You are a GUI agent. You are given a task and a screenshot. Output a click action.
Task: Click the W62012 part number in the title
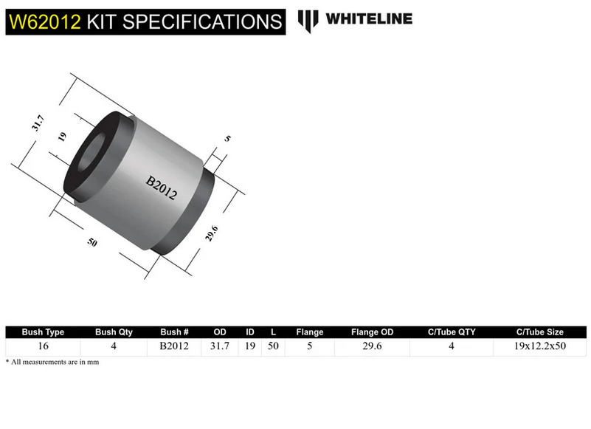[44, 21]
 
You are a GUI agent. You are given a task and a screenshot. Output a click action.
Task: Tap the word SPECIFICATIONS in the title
[199, 21]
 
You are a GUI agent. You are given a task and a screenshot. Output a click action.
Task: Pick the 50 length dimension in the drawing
[92, 243]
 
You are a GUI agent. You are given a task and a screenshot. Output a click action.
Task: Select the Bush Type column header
[44, 332]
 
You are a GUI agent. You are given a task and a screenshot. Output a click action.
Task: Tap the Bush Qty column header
[114, 332]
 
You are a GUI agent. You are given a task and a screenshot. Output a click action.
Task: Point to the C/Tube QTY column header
[452, 332]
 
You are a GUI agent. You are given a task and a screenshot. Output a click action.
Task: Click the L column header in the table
[273, 332]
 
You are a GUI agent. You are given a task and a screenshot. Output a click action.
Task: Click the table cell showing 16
[44, 346]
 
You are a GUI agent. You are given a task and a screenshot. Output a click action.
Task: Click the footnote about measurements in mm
[52, 362]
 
